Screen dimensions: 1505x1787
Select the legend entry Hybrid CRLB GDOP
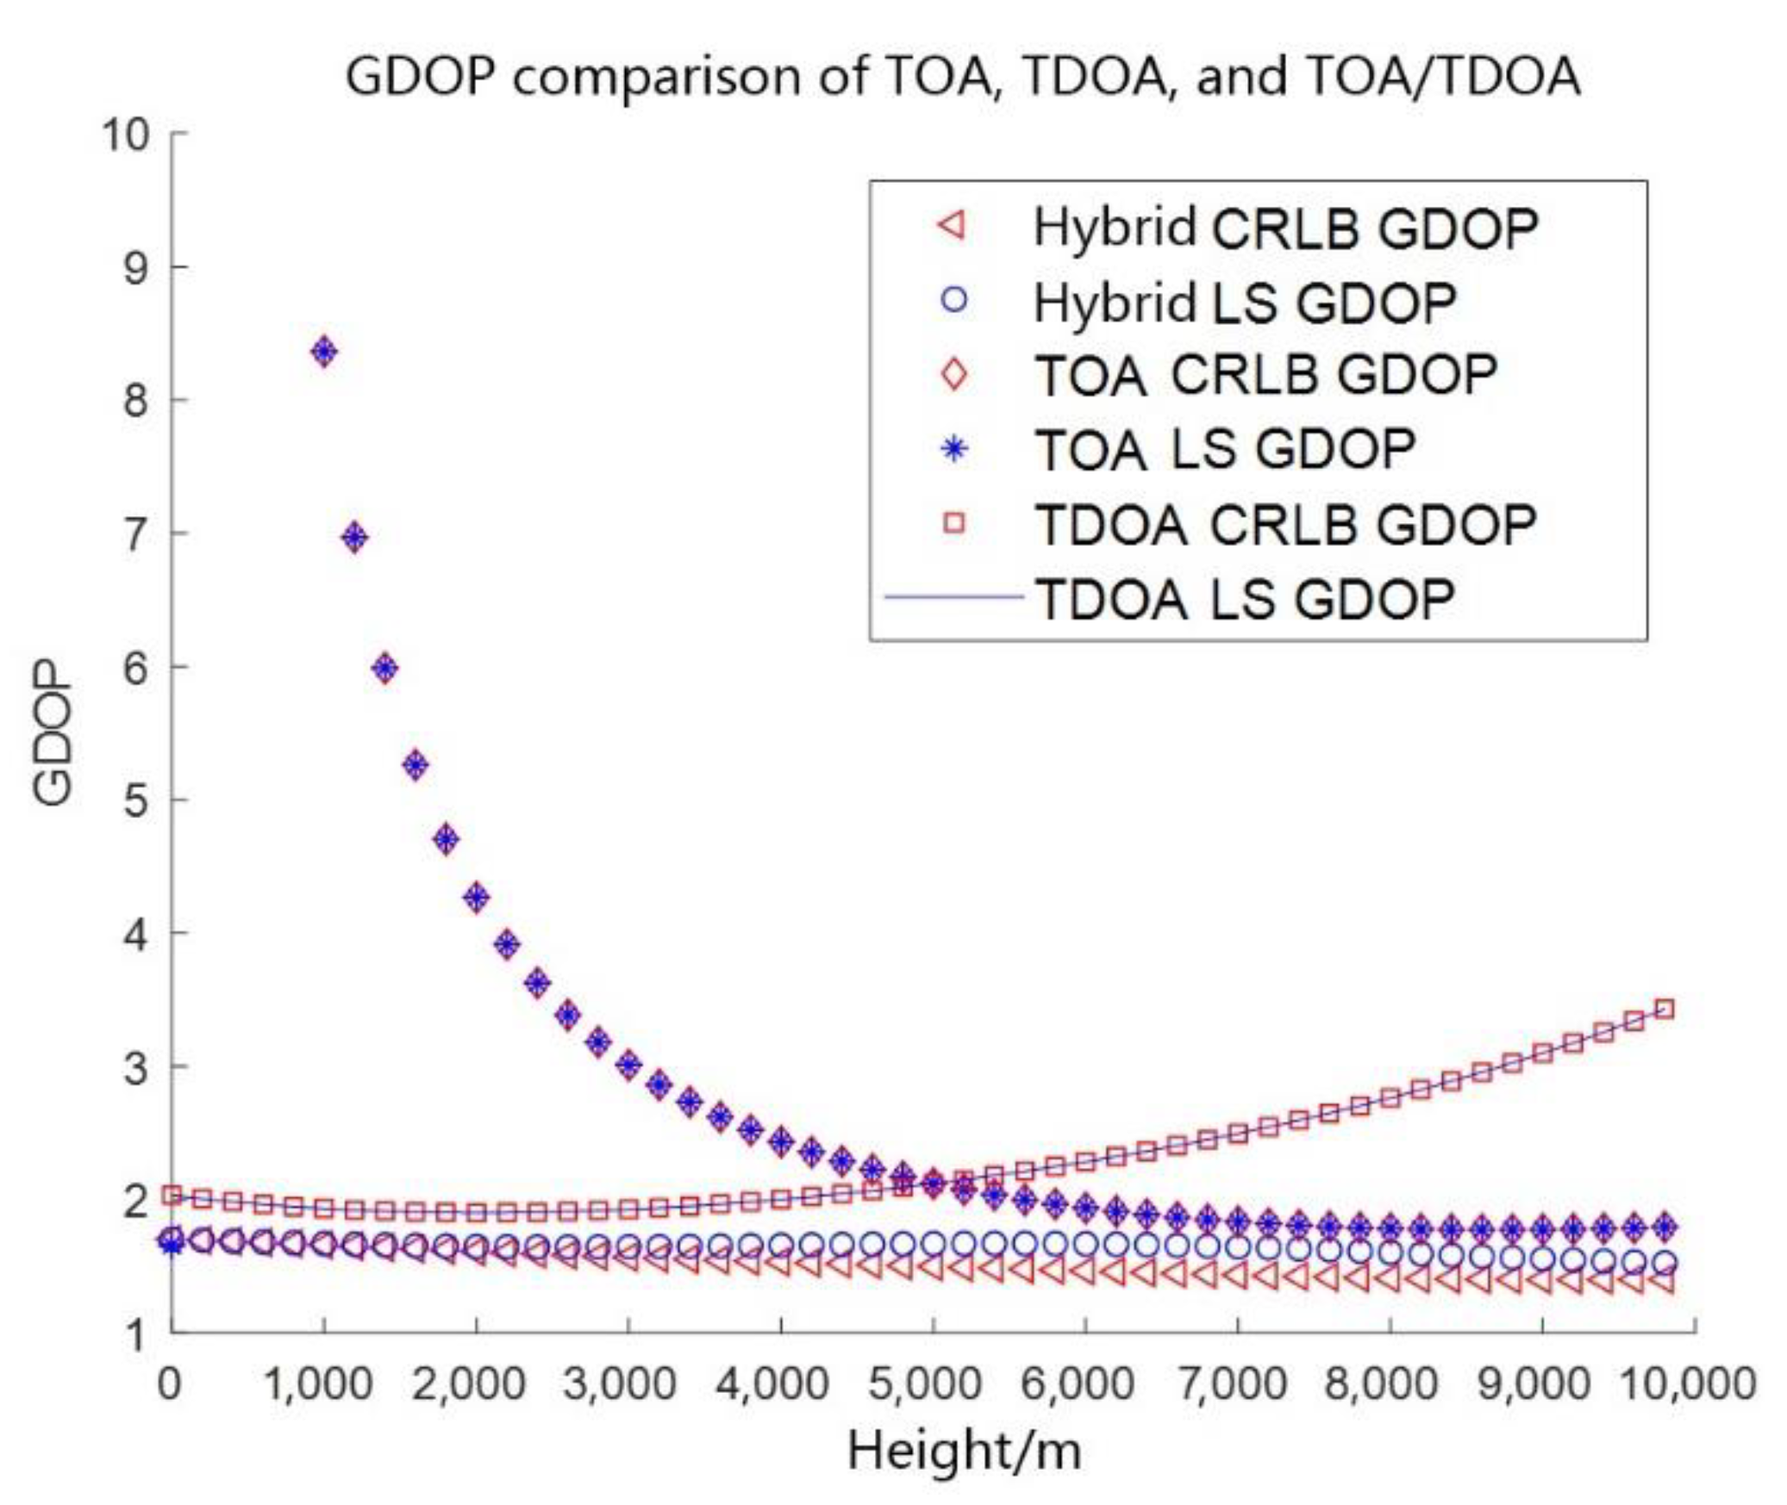[1284, 228]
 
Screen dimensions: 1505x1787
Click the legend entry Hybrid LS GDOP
[1244, 303]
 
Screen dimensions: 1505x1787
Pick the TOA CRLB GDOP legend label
[1265, 376]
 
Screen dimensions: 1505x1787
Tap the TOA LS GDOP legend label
[1224, 450]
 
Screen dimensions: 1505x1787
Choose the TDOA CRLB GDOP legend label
[1284, 524]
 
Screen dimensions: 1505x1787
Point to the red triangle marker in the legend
[953, 228]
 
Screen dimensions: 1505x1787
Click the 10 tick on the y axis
[126, 134]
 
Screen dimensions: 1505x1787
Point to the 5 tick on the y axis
[136, 801]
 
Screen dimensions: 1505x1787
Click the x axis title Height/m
[964, 1450]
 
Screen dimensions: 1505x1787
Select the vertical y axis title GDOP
[52, 734]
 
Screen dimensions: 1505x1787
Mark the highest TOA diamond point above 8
[324, 351]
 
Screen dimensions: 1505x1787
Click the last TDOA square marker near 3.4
[1665, 1009]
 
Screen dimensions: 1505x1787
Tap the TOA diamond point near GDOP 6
[385, 668]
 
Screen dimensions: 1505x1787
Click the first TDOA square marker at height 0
[172, 1195]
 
